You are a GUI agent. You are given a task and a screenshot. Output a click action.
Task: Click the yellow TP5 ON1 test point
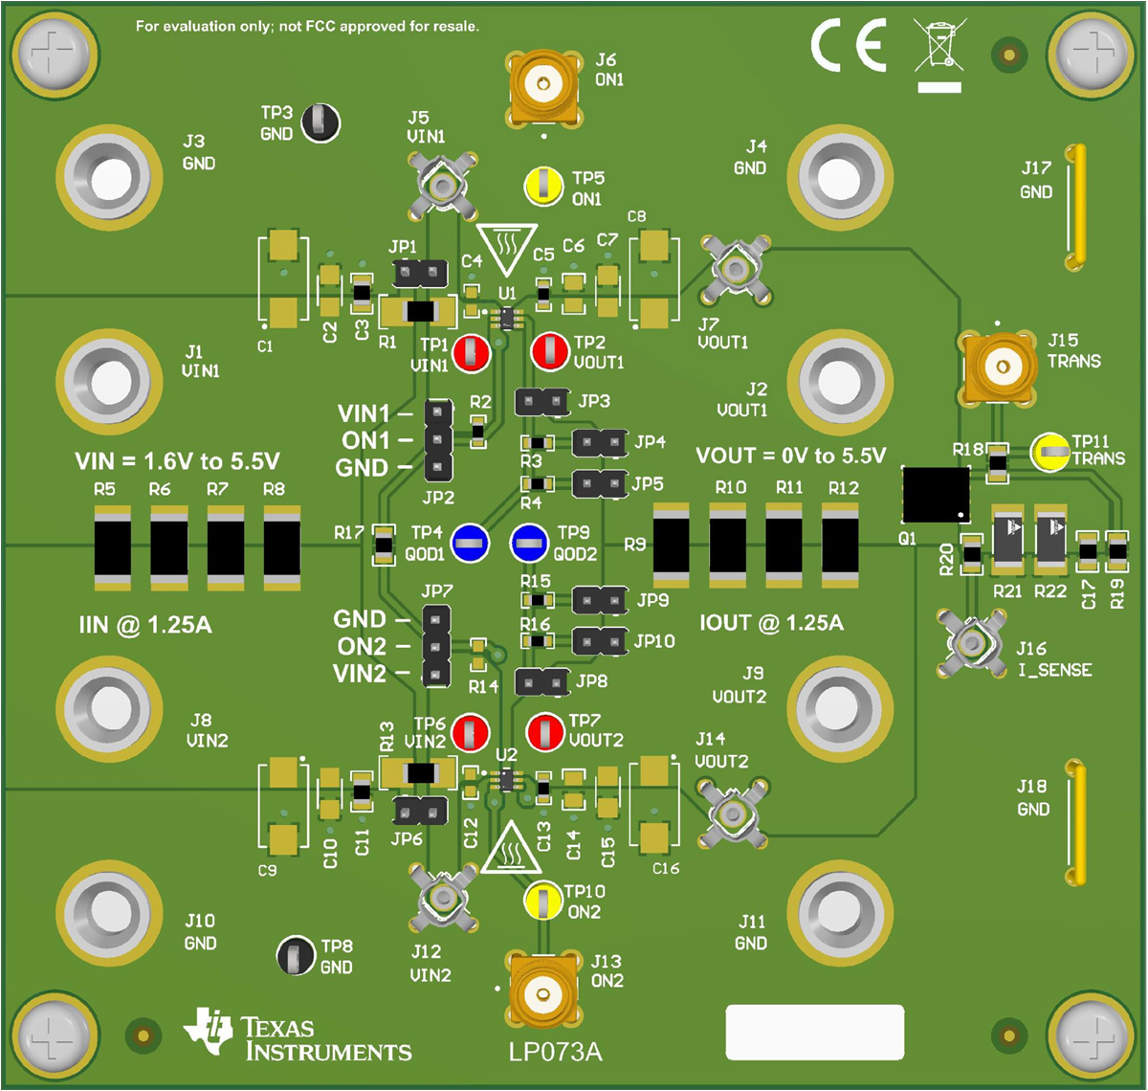coord(543,186)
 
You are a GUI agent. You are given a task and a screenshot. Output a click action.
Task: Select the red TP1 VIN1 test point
coord(471,353)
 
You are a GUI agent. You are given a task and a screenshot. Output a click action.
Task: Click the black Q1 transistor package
coord(936,494)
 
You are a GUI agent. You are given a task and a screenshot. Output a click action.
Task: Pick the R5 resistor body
coord(113,545)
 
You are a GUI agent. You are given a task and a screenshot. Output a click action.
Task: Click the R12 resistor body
coord(841,545)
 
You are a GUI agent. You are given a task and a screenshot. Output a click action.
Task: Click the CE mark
coord(849,46)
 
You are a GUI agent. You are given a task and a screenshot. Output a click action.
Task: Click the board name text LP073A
coord(555,1052)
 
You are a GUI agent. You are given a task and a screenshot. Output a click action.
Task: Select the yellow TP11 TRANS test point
coord(1049,452)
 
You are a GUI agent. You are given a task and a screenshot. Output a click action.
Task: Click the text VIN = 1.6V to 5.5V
coord(177,462)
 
